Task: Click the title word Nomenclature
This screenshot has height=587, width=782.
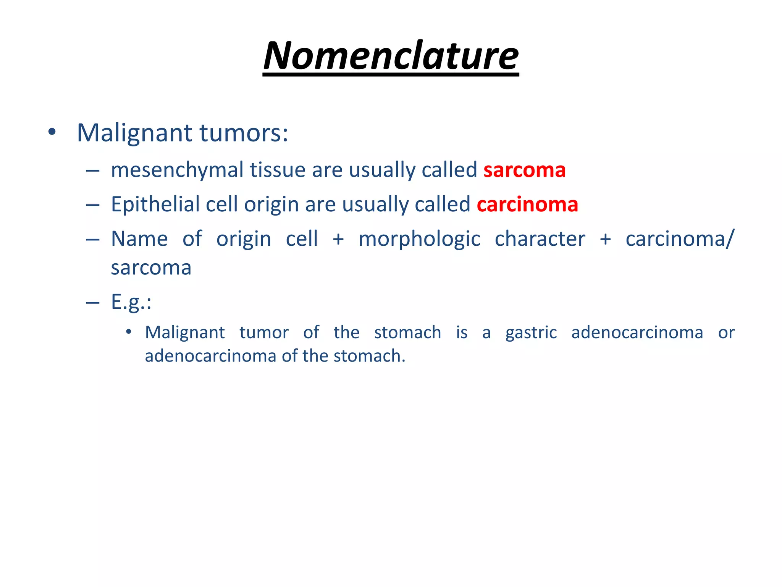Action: click(x=391, y=56)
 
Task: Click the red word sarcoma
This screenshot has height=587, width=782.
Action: click(x=524, y=170)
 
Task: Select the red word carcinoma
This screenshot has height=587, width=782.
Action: click(x=527, y=204)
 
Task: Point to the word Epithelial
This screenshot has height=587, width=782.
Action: click(x=155, y=204)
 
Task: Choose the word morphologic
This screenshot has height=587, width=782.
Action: click(x=419, y=240)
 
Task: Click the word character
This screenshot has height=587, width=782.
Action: click(x=540, y=239)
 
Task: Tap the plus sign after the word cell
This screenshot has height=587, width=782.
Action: click(x=338, y=240)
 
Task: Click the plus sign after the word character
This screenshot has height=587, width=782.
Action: click(x=605, y=240)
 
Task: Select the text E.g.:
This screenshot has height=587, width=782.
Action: click(x=131, y=302)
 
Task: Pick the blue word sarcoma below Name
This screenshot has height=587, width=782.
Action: click(x=151, y=268)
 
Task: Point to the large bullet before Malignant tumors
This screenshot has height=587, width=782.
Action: click(x=52, y=133)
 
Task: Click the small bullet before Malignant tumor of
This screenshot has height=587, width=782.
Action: click(x=129, y=332)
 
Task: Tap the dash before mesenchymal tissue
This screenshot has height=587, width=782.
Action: click(x=93, y=171)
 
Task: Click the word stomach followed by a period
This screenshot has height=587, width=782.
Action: click(x=369, y=356)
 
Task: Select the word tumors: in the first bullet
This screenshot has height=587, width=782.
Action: click(x=244, y=133)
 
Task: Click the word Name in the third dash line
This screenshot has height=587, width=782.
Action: click(x=139, y=239)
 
